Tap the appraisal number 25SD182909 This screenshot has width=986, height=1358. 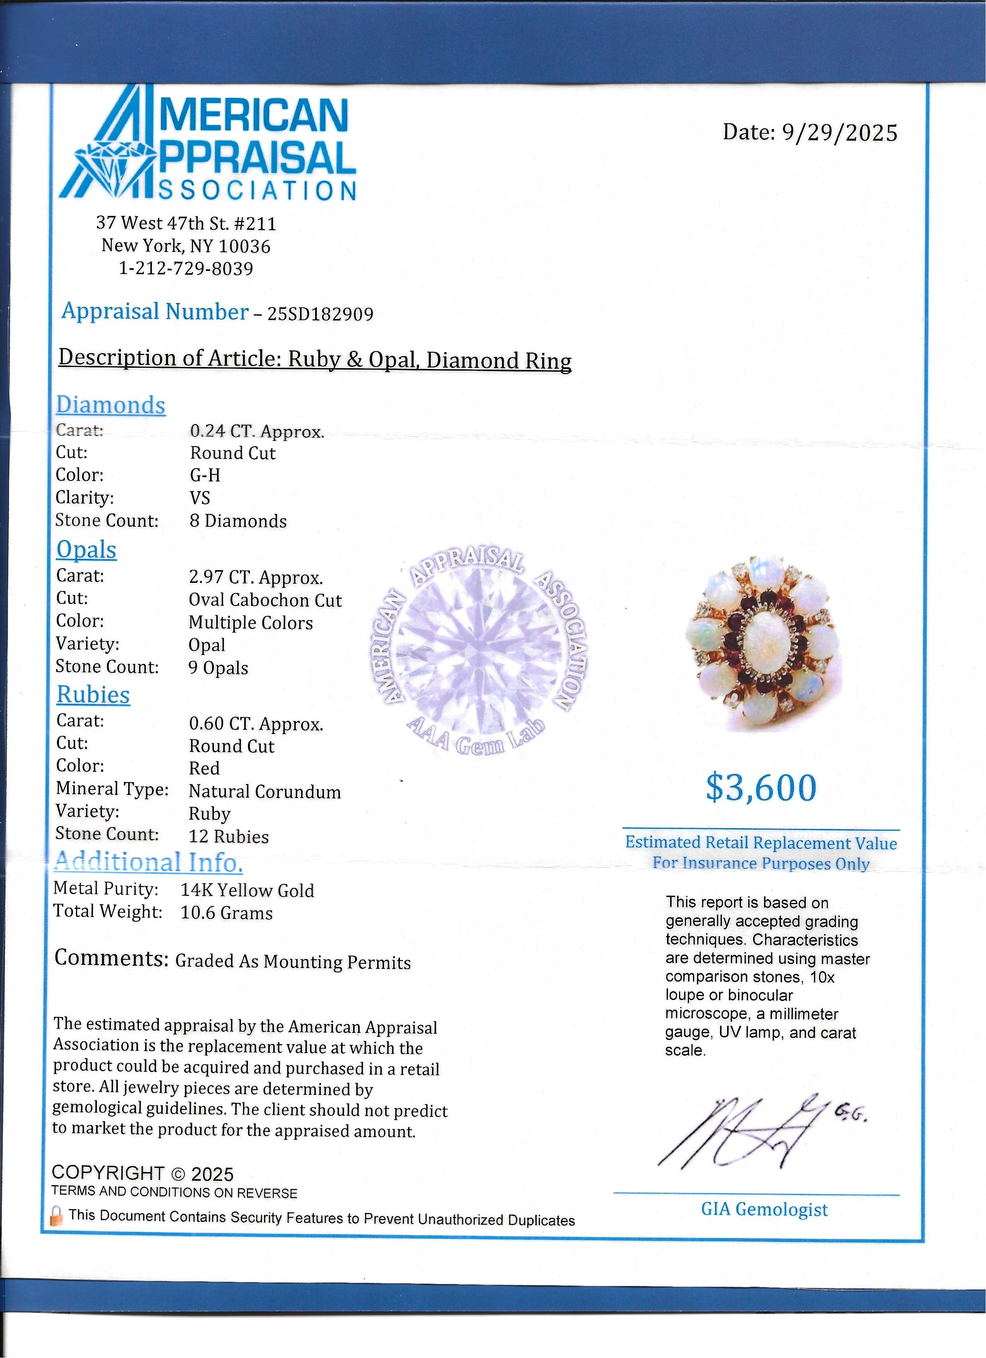coord(320,314)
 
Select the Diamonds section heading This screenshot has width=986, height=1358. coord(111,405)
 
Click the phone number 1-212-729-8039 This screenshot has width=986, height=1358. coord(186,268)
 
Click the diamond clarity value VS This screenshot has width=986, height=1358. coord(200,498)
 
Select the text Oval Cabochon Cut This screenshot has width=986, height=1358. coord(265,600)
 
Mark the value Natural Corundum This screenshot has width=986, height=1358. coord(265,791)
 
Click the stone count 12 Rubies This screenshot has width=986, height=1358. coord(229,836)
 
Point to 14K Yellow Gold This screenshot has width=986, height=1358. coord(247,890)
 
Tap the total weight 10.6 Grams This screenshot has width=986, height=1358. coord(226,913)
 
